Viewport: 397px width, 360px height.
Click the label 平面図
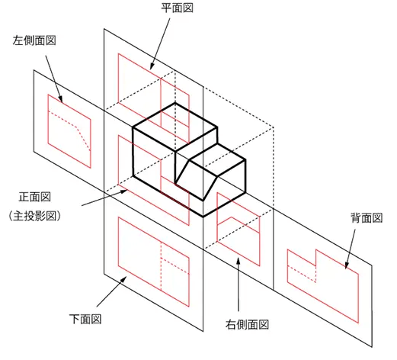[x=177, y=8]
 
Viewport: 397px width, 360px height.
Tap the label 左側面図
[x=34, y=40]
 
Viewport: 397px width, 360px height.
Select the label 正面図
[x=35, y=197]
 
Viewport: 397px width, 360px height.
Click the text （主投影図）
[x=34, y=216]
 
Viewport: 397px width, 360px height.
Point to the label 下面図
[x=85, y=319]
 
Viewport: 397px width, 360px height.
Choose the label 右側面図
[x=247, y=325]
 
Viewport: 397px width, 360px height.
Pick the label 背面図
[x=367, y=218]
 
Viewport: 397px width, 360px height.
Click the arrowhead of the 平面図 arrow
[x=152, y=66]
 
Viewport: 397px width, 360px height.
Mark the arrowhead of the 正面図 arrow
[x=123, y=191]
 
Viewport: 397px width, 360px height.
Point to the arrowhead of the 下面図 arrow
[x=123, y=279]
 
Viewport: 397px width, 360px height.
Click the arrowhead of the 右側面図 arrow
[x=238, y=261]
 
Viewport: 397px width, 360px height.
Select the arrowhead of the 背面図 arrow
[x=346, y=265]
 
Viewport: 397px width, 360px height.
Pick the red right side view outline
[x=217, y=217]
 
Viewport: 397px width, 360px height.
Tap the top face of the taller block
[x=175, y=127]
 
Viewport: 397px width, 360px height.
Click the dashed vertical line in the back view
[x=315, y=274]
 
